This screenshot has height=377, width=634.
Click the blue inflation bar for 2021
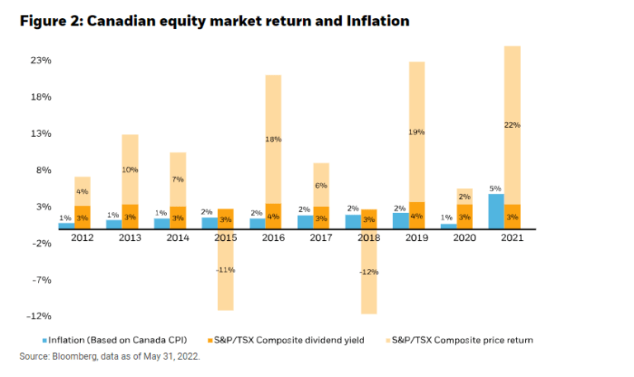point(496,211)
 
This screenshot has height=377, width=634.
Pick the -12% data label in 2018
point(369,272)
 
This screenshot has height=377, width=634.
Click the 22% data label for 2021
point(512,125)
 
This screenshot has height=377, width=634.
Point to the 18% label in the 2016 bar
point(273,139)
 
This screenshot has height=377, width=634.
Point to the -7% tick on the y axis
point(41,280)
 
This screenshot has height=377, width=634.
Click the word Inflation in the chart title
point(374,21)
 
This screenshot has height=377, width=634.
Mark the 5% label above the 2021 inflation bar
point(496,188)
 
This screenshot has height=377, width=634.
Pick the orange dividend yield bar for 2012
point(82,217)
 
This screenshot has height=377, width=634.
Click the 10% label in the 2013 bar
point(130,169)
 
